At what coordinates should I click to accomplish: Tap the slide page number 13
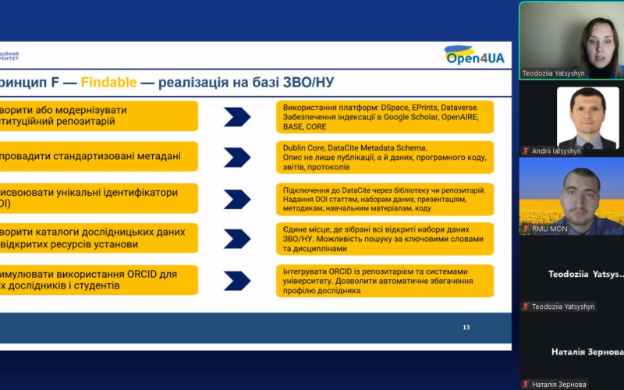click(466, 327)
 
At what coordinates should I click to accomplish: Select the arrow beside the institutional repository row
click(237, 117)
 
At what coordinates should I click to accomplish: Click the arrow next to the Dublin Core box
click(237, 158)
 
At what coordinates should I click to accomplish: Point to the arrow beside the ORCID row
click(237, 280)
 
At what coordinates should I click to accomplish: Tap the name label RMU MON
click(549, 229)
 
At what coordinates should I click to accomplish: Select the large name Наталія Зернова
click(587, 352)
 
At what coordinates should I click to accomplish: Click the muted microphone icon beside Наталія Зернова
click(526, 385)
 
